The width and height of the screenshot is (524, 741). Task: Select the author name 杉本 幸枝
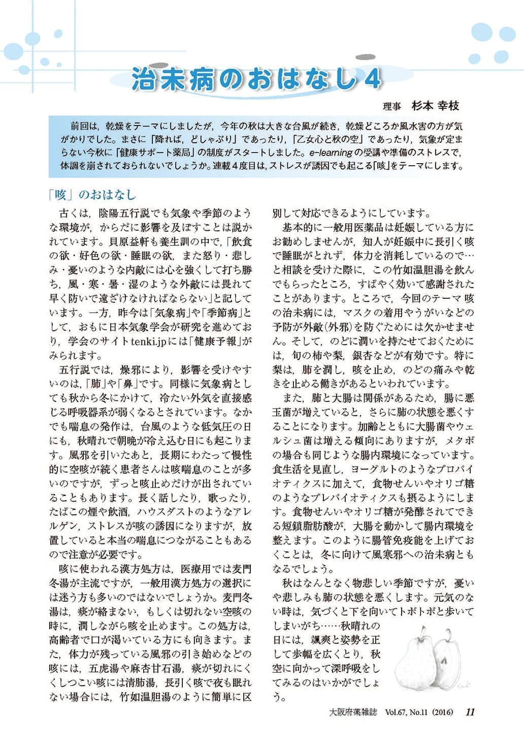pos(435,106)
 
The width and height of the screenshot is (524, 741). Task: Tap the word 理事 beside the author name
pos(392,106)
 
